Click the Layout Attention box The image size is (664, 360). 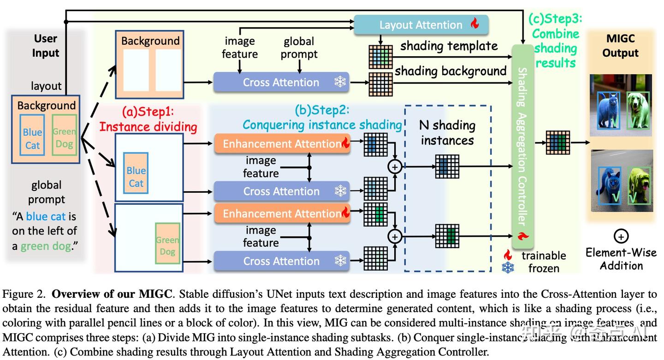421,25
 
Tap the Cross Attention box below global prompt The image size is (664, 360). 281,83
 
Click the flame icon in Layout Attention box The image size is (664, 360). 474,24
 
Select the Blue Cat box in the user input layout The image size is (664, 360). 33,138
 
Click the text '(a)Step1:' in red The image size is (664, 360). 148,112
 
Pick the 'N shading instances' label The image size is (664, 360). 447,132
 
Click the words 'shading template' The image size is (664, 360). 449,46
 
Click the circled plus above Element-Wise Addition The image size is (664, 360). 621,236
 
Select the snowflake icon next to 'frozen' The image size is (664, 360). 508,268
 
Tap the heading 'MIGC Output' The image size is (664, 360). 620,46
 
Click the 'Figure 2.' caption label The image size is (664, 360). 25,294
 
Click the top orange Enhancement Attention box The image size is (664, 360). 282,144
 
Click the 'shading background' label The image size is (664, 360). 451,71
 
